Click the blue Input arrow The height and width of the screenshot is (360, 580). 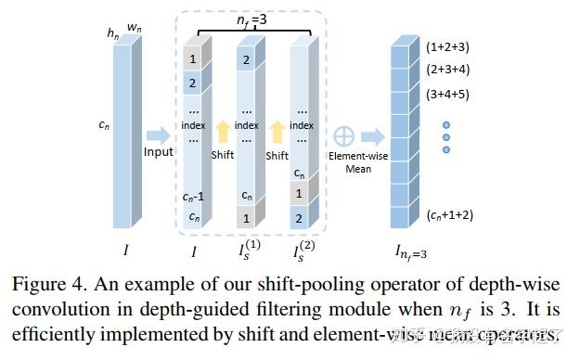pos(159,135)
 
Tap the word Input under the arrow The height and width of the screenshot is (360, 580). pos(159,152)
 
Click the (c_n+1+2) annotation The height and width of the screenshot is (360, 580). pos(452,215)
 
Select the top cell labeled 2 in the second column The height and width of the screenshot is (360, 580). pos(246,61)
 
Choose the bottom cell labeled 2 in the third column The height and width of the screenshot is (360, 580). pos(299,219)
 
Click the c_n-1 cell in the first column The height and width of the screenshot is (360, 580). pos(194,195)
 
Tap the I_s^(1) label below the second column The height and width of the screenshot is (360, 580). pos(247,250)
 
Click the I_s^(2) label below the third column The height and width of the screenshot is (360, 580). pos(300,250)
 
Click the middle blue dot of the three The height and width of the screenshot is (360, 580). pos(445,136)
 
